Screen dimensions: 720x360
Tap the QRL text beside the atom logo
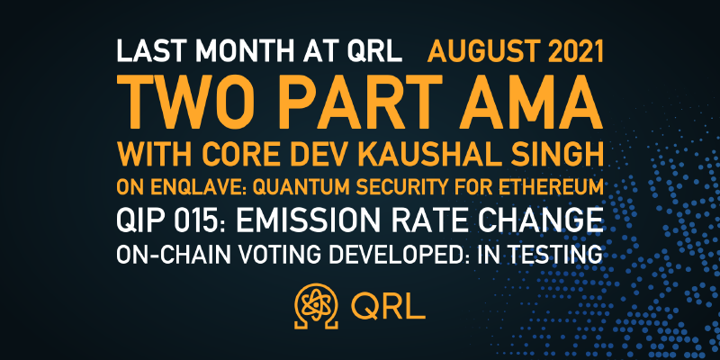pyautogui.click(x=389, y=306)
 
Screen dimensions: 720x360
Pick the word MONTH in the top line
pyautogui.click(x=246, y=51)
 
